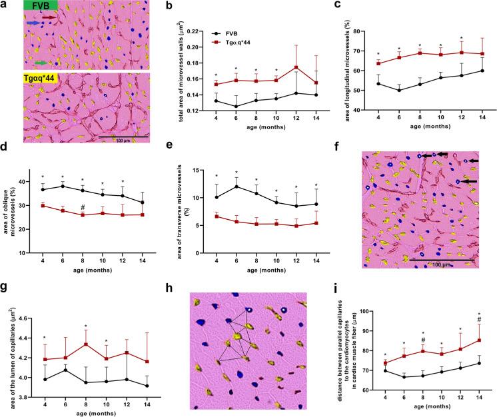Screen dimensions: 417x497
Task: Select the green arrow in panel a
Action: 41,63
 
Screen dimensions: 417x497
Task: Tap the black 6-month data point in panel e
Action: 233,187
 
